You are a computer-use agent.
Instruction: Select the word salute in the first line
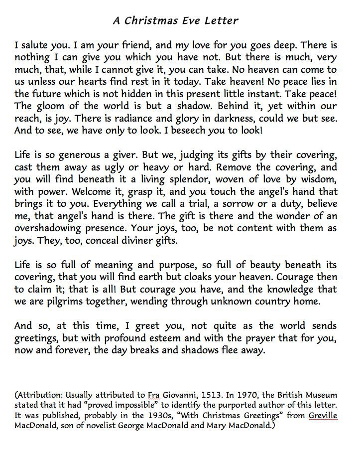[x=35, y=46]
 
